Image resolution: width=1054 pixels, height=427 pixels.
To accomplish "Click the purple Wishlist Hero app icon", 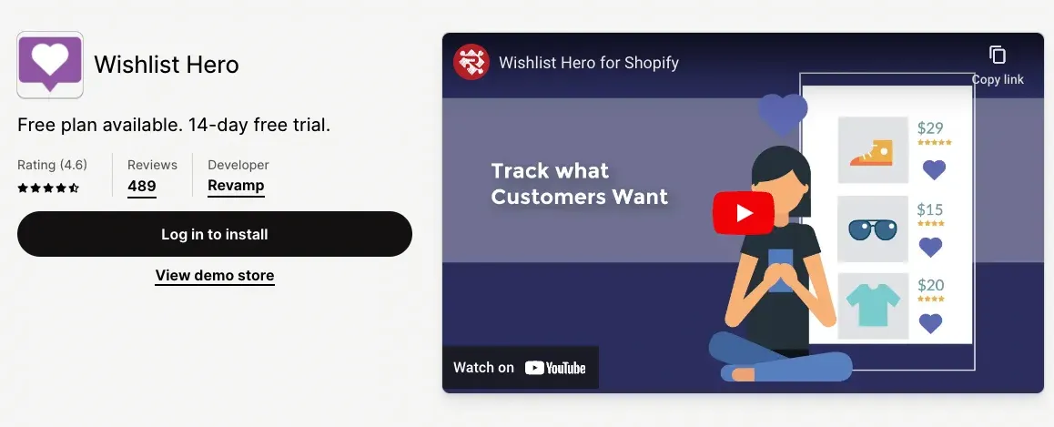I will (50, 64).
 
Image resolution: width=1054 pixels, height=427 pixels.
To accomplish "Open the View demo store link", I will (215, 275).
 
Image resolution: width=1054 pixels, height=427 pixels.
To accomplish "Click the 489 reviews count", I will (141, 186).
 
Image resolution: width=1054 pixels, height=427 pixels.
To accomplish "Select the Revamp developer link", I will (236, 186).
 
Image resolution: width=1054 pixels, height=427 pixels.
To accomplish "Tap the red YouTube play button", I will (743, 213).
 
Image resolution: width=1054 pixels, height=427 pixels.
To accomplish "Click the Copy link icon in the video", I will (998, 56).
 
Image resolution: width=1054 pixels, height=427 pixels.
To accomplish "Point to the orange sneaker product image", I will (873, 151).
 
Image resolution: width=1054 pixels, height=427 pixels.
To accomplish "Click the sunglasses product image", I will (873, 229).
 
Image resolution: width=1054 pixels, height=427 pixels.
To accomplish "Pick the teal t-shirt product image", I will (873, 306).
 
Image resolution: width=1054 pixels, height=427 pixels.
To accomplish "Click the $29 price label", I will (930, 127).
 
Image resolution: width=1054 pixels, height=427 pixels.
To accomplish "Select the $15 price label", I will (930, 208).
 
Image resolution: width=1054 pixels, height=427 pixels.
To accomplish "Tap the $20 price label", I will (930, 285).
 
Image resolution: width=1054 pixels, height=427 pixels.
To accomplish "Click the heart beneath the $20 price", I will (930, 323).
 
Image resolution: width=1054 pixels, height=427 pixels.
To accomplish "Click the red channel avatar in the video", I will (471, 62).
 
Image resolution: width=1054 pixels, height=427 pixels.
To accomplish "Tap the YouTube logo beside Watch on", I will (555, 368).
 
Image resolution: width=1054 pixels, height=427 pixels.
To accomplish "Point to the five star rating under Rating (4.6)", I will (48, 188).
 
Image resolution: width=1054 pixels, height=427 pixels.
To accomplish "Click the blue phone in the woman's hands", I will (780, 269).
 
